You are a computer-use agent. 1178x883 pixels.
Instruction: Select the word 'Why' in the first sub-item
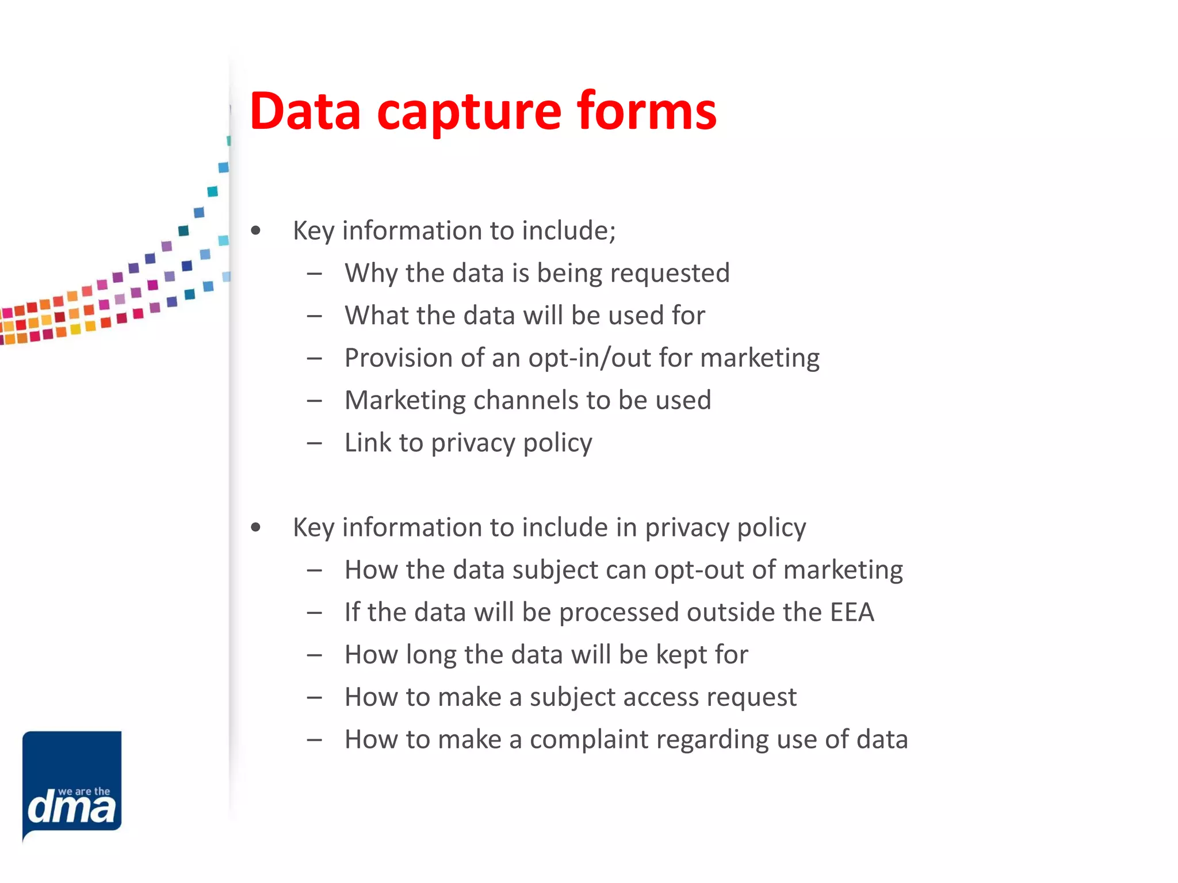click(371, 273)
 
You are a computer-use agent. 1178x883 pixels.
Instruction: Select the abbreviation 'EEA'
click(852, 612)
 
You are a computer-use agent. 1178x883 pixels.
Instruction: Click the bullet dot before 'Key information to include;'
click(256, 231)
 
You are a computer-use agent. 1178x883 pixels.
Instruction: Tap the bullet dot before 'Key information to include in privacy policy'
click(256, 528)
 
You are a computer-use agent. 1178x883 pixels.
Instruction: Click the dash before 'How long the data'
click(314, 655)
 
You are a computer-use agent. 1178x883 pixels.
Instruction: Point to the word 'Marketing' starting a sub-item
click(405, 401)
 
